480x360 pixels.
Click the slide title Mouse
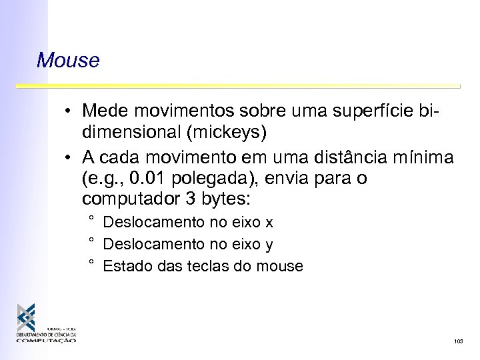click(69, 61)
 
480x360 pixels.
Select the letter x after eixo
click(269, 223)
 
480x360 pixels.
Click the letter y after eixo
click(269, 245)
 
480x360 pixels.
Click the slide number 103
click(458, 341)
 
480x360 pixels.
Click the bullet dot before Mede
click(69, 110)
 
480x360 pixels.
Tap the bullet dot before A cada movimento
click(69, 157)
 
